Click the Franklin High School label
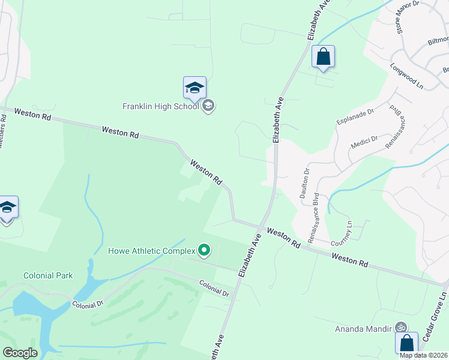pos(161,107)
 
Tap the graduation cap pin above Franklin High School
pos(194,88)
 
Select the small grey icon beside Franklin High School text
pos(208,107)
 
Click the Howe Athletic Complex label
pos(152,251)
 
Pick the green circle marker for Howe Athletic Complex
pos(204,250)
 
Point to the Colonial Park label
pos(48,276)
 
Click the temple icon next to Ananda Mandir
pos(401,328)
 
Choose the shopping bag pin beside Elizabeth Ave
pos(323,57)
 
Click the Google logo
pos(20,353)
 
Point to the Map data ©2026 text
pos(424,355)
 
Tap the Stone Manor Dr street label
pos(406,17)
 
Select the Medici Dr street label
pos(364,143)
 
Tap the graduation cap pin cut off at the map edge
pos(7,208)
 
